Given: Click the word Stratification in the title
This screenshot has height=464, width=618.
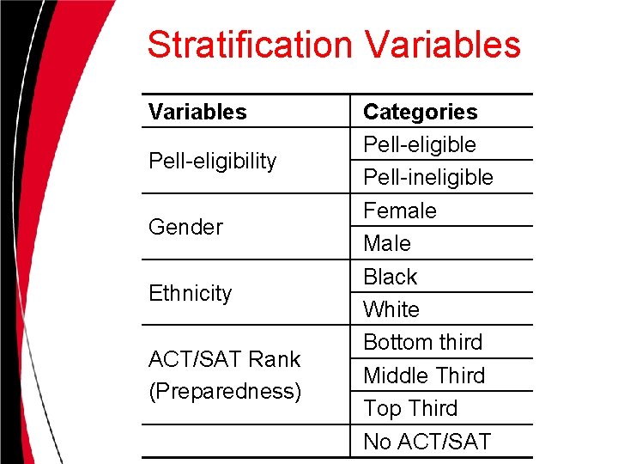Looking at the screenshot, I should point(249,45).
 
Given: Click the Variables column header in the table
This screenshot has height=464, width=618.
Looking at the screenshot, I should point(197,112).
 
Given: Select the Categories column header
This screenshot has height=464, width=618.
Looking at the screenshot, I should point(421,112).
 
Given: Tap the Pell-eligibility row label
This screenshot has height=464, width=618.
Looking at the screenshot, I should point(213,161).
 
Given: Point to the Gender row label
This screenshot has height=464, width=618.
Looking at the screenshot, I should point(185,227).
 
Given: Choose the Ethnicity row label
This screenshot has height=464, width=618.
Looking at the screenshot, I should point(191,293).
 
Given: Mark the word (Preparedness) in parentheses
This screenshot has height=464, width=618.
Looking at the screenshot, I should point(225,391).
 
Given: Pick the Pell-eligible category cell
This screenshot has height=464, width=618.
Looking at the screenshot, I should point(420,144).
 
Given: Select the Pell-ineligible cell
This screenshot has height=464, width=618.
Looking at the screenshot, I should point(428,177).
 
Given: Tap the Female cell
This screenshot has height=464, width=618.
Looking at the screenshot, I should point(400,211).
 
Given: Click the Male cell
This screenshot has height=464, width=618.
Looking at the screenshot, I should point(387,243).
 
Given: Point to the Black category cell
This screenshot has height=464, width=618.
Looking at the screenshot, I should point(391,277).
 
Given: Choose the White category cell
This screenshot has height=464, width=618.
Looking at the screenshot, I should point(391,309).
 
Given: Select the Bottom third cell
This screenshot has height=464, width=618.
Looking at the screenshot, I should point(423,342).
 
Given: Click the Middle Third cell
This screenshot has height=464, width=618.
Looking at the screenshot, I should point(424,375).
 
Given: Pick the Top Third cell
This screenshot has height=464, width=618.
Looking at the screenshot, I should point(410,408).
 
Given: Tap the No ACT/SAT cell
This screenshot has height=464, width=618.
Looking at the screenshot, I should point(427,442).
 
